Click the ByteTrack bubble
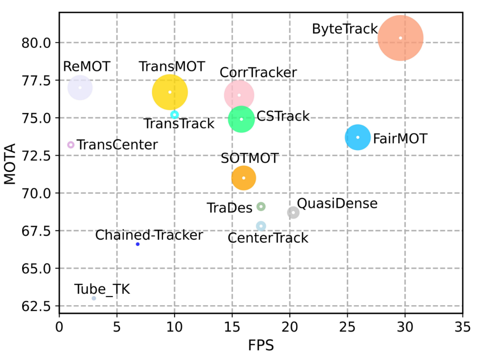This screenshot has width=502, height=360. (x=400, y=38)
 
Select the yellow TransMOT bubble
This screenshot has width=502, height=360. (x=169, y=92)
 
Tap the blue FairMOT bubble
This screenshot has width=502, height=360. (x=358, y=137)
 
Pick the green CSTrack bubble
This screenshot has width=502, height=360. (x=241, y=119)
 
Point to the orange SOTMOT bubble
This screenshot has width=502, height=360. (x=243, y=178)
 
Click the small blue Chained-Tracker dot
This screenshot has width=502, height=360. (x=138, y=244)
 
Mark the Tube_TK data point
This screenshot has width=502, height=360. (x=94, y=298)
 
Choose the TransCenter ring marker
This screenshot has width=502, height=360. (x=71, y=145)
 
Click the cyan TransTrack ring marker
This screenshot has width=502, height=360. (x=174, y=115)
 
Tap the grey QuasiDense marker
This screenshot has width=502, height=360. (x=293, y=213)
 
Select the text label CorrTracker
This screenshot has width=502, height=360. (x=258, y=72)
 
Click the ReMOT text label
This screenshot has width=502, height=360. (x=87, y=66)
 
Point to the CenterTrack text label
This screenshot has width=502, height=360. (x=268, y=238)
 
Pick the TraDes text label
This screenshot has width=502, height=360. (x=230, y=208)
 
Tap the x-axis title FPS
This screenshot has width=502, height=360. (x=261, y=346)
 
